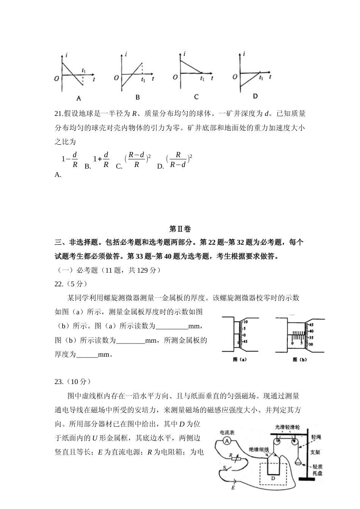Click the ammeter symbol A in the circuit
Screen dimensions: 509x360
pyautogui.click(x=226, y=440)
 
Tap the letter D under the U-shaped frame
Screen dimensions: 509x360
pyautogui.click(x=273, y=478)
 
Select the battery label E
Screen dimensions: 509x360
pyautogui.click(x=233, y=488)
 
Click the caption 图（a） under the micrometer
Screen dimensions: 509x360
pyautogui.click(x=239, y=359)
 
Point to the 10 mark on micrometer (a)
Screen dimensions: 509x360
pyautogui.click(x=245, y=321)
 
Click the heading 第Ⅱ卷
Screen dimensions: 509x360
pyautogui.click(x=180, y=229)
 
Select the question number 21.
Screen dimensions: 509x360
pyautogui.click(x=58, y=113)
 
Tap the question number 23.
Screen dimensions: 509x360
pyautogui.click(x=58, y=381)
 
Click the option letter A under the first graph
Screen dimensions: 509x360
pyautogui.click(x=79, y=98)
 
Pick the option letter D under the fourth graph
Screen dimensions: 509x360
pyautogui.click(x=255, y=96)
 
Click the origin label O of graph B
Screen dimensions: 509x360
pyautogui.click(x=116, y=78)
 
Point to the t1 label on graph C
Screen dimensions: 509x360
pyautogui.click(x=202, y=79)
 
